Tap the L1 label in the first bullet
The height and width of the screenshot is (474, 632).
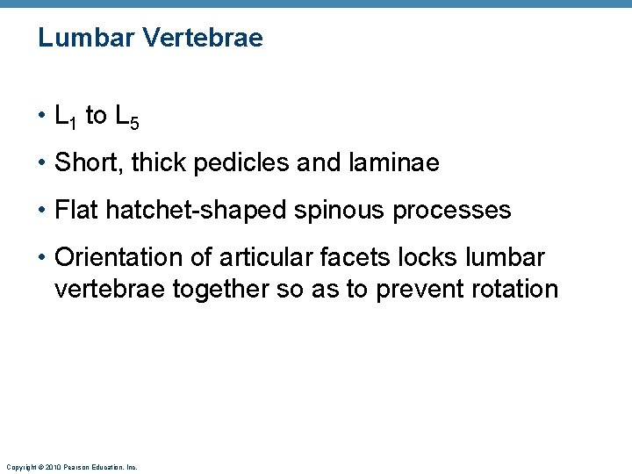pyautogui.click(x=66, y=117)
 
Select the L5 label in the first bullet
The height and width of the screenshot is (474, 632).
pyautogui.click(x=127, y=117)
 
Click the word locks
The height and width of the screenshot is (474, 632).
pyautogui.click(x=419, y=258)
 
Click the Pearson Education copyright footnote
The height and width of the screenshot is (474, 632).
pyautogui.click(x=71, y=467)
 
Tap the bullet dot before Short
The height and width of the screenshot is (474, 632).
pyautogui.click(x=43, y=163)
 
